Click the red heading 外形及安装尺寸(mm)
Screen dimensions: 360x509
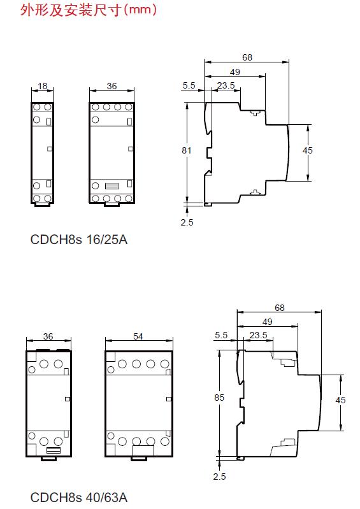[89, 10]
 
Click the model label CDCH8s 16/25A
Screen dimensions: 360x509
[79, 240]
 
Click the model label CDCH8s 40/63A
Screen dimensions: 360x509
[79, 497]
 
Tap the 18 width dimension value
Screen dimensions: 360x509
[43, 86]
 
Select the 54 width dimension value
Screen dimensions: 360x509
[138, 336]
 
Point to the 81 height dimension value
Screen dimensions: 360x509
[187, 150]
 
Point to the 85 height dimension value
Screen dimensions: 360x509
[219, 398]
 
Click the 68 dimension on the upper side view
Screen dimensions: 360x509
[247, 57]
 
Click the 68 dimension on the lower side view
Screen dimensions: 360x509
[280, 308]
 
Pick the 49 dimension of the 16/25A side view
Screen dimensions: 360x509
[235, 72]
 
